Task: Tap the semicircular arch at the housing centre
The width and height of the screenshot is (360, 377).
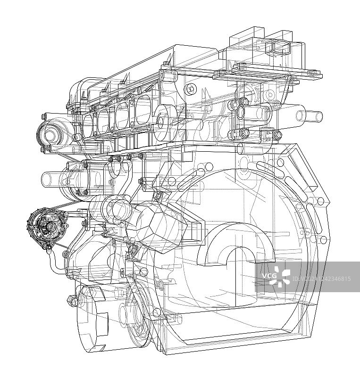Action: [236, 244]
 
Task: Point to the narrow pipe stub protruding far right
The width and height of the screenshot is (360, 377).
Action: [309, 116]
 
